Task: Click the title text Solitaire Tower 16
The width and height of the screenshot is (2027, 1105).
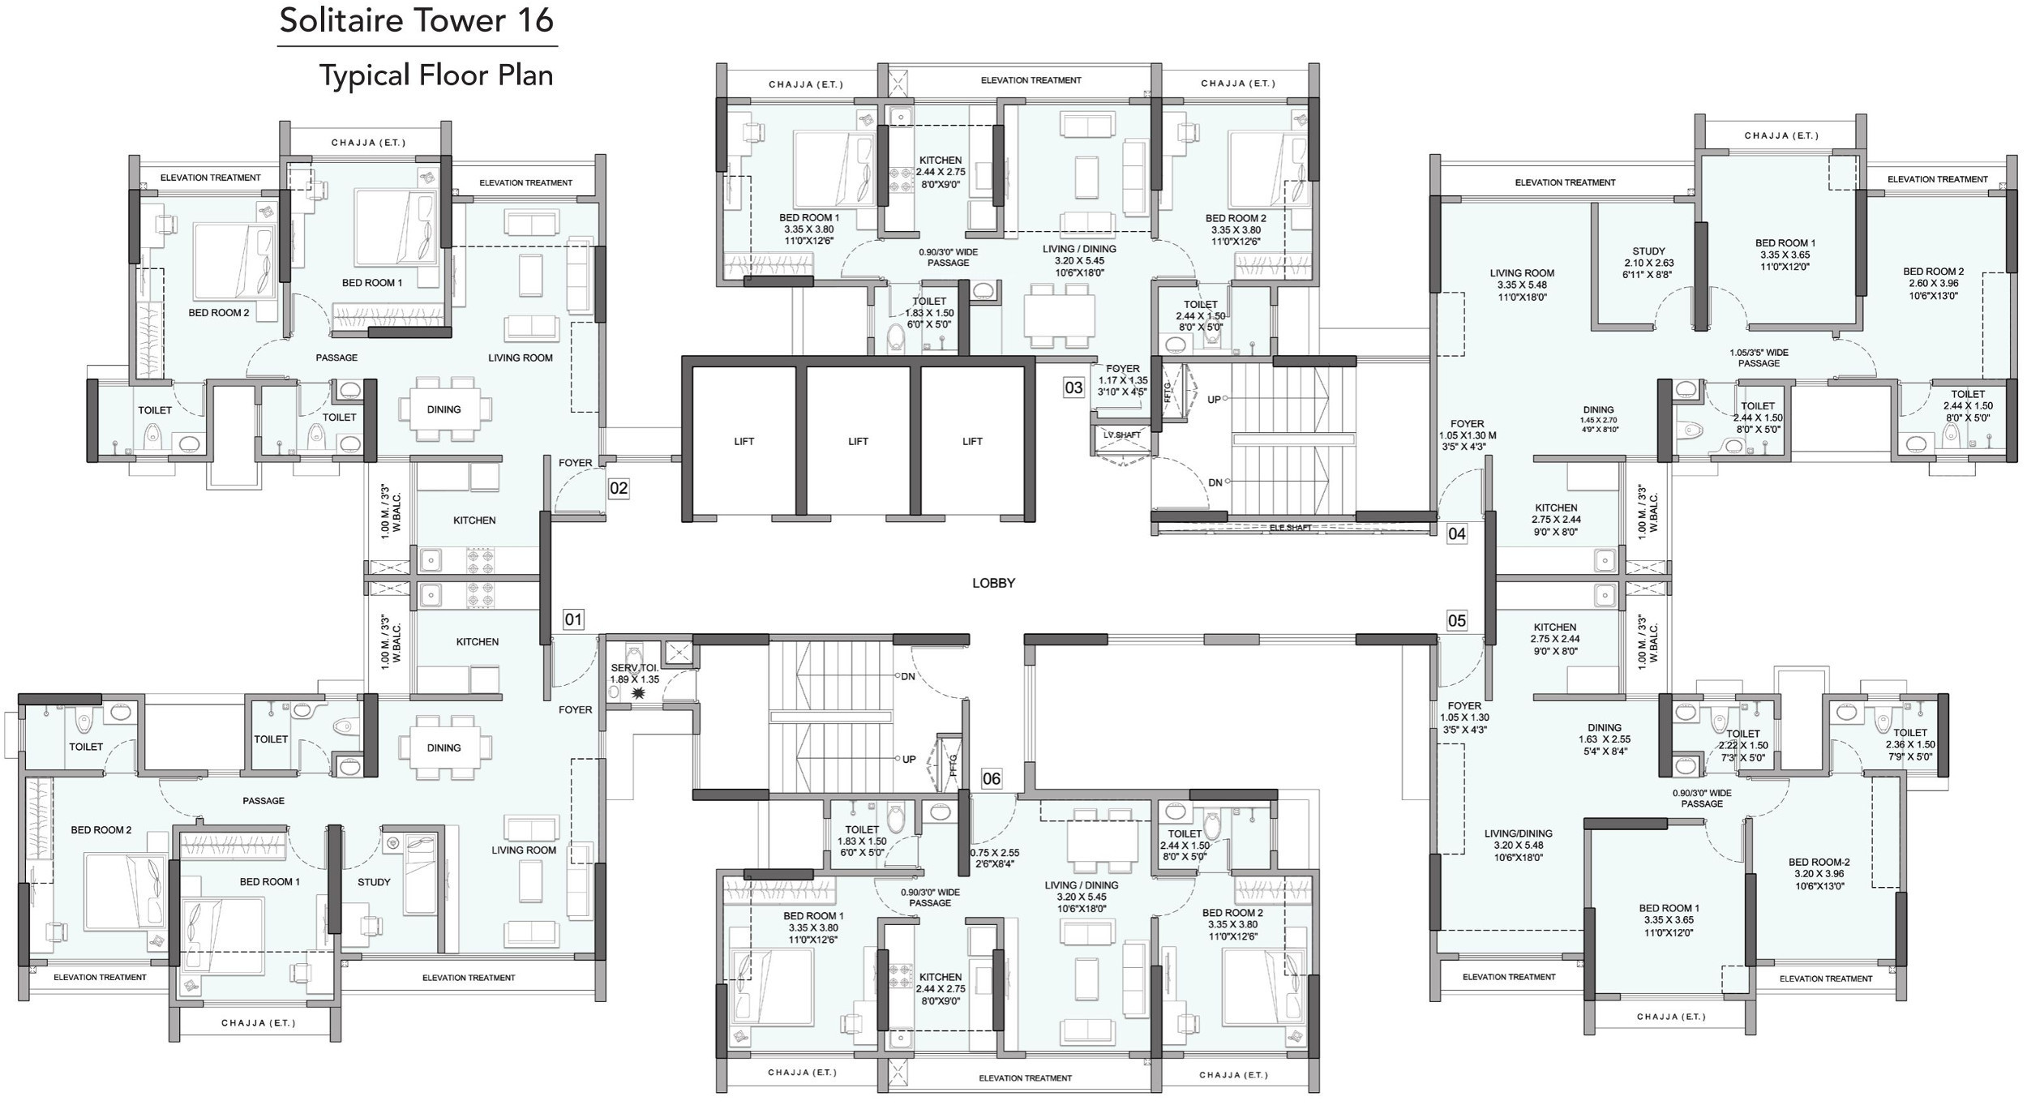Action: (417, 20)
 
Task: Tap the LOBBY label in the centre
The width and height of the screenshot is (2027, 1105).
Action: (993, 583)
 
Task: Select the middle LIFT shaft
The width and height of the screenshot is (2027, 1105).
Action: (858, 441)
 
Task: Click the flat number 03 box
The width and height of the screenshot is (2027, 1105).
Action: (1073, 388)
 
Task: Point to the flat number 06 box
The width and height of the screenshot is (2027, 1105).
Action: (991, 779)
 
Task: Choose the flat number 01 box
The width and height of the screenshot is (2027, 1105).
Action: (573, 619)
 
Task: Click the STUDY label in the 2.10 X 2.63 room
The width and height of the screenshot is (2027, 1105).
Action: (1648, 251)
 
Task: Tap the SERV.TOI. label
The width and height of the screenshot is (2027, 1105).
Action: (635, 668)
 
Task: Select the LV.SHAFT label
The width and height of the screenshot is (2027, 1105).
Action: (1122, 435)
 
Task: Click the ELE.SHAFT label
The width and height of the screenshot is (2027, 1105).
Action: (1290, 528)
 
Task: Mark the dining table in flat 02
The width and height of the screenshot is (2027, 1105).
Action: (444, 409)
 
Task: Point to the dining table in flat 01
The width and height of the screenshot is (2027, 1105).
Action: (444, 747)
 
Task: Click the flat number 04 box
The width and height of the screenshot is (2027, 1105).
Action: (1457, 533)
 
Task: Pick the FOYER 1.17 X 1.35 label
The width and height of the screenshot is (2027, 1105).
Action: (1123, 380)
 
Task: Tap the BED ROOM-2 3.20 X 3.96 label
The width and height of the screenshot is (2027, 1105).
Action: (1819, 874)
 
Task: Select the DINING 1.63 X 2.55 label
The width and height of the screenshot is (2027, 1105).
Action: (1605, 734)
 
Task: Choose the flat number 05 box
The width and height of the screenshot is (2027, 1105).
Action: (1457, 621)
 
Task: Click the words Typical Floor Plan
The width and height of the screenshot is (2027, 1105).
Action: (436, 75)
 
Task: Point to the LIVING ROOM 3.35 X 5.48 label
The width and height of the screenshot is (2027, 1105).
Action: (1522, 285)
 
